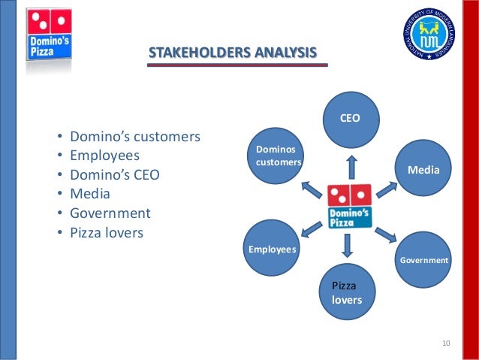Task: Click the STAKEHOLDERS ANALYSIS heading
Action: click(233, 53)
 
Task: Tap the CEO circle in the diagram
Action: click(351, 119)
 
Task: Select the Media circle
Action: click(423, 171)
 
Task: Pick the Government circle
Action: click(423, 259)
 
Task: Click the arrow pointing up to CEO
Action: click(351, 167)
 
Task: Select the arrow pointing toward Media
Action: click(387, 188)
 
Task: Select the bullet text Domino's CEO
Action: click(115, 175)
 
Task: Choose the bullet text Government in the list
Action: click(110, 213)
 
